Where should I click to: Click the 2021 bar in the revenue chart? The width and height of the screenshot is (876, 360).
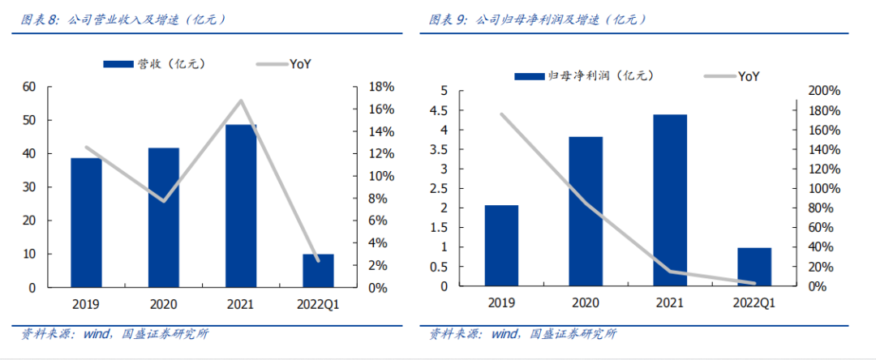241,206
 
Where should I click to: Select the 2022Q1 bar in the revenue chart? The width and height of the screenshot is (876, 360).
318,271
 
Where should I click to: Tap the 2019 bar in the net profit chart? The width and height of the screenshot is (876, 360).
501,246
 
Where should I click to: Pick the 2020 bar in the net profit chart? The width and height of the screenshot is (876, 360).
586,211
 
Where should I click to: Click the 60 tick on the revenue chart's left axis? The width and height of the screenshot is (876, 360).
29,87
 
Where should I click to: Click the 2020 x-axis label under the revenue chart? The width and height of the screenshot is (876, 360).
163,305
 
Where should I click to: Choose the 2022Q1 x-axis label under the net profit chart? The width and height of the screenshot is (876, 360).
754,303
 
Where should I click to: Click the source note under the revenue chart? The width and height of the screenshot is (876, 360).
114,333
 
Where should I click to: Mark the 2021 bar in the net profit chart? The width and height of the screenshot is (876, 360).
670,200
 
